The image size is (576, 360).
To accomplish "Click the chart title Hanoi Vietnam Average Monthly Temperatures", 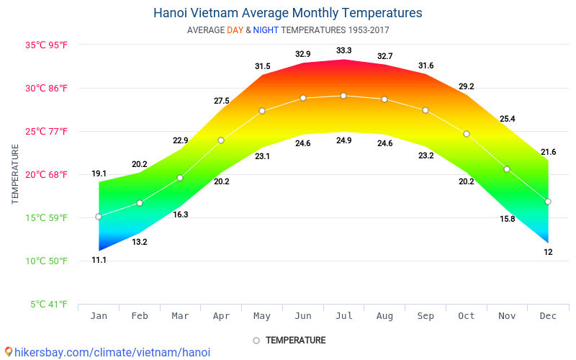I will click(x=288, y=13).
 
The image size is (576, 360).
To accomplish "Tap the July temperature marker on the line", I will click(x=343, y=96).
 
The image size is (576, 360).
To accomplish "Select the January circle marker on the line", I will click(x=99, y=217).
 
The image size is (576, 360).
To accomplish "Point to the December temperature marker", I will click(x=548, y=202).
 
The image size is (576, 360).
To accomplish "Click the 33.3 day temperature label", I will click(x=343, y=50).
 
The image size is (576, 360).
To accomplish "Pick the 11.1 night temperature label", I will click(x=99, y=260).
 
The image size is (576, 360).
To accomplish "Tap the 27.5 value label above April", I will click(x=221, y=101).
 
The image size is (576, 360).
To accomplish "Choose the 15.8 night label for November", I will click(x=507, y=219).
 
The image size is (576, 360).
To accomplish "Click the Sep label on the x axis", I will click(x=426, y=316).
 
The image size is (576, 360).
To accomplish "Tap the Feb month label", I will click(x=140, y=316).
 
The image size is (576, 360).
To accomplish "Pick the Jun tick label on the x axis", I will click(x=303, y=316).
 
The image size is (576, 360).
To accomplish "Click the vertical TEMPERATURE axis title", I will click(x=15, y=174).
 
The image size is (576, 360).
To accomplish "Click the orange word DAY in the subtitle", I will click(x=235, y=30).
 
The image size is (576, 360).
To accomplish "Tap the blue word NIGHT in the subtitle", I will click(x=266, y=30).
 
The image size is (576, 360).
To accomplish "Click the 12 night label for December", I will click(x=548, y=252).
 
